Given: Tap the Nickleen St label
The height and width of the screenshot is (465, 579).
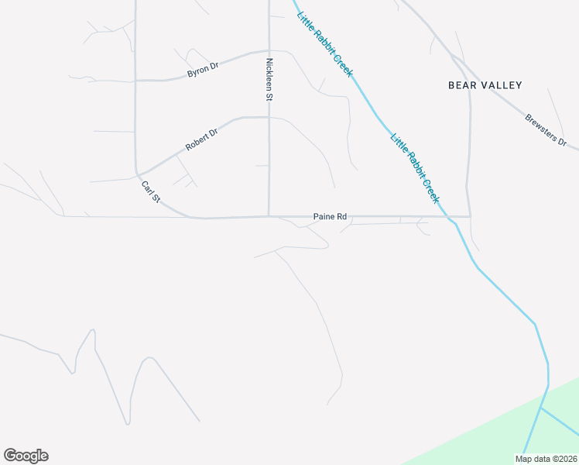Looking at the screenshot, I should tap(269, 80).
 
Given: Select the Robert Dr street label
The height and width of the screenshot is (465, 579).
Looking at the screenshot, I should tap(202, 139).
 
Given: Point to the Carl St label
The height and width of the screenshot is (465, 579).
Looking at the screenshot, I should tap(150, 192).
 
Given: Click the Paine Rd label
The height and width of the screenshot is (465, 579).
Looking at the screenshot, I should tap(329, 217).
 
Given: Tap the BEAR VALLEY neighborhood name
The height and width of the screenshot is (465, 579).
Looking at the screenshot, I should tap(485, 85).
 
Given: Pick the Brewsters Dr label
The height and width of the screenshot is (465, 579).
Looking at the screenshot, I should tap(546, 132).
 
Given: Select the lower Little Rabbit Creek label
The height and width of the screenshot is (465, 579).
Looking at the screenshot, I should tap(416, 168).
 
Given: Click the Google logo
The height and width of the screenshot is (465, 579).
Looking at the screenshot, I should tap(26, 456).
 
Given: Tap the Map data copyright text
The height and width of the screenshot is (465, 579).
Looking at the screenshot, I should tap(546, 459).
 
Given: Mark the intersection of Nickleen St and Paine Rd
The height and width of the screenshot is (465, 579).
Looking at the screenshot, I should tap(269, 216).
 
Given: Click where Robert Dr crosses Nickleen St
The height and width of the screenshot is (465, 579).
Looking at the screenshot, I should tap(269, 118).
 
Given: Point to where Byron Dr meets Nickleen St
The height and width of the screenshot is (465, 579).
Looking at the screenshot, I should tap(269, 51).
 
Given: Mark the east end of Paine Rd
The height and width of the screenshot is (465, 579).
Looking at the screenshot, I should tap(469, 216).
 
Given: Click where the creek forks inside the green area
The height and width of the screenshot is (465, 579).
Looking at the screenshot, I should tap(542, 407).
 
